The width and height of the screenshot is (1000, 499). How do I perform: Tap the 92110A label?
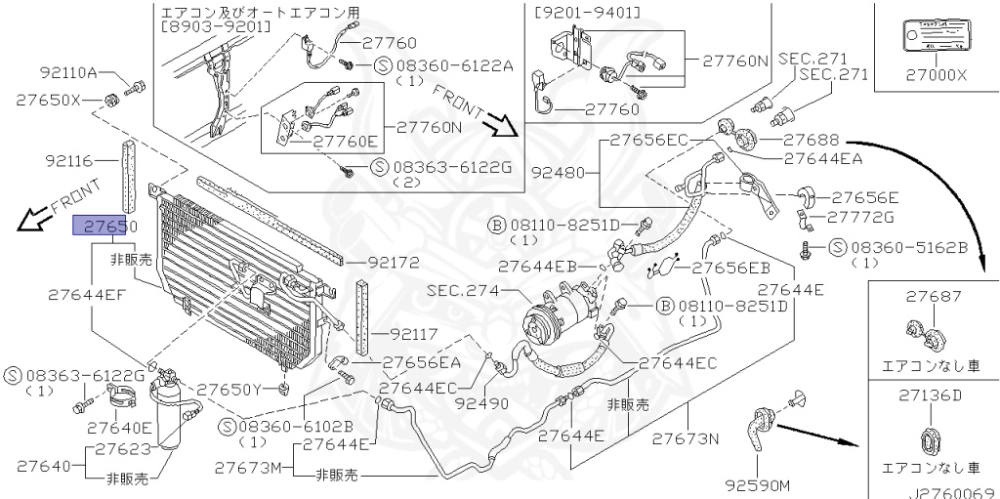(69, 73)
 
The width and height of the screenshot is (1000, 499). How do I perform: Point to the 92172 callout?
(394, 263)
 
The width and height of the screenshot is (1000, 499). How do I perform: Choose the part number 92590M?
(757, 485)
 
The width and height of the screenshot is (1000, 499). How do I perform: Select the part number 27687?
(933, 296)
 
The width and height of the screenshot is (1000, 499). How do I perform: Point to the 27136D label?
(933, 395)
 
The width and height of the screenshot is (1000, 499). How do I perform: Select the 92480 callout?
(558, 173)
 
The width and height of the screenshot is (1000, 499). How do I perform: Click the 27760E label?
(345, 142)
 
